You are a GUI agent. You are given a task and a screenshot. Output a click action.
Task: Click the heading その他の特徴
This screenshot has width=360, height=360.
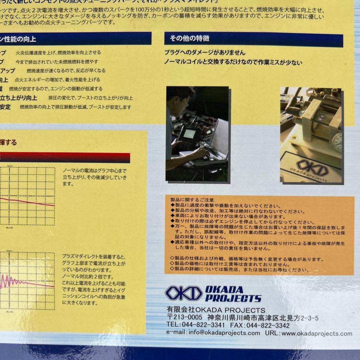[x=189, y=39]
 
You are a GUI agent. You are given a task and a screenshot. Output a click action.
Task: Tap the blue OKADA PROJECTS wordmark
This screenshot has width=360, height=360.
[x=233, y=294]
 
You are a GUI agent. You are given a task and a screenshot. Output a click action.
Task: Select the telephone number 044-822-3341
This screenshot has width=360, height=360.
[x=203, y=325]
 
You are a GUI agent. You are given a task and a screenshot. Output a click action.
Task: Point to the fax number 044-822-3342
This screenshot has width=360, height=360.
[x=268, y=325]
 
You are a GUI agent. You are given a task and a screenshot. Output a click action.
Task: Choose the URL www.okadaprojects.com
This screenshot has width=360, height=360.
[x=317, y=333]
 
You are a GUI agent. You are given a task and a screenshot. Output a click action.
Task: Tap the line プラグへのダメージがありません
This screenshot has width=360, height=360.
[x=205, y=53]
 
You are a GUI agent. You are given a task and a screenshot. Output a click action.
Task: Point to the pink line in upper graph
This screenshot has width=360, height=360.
[x=27, y=201]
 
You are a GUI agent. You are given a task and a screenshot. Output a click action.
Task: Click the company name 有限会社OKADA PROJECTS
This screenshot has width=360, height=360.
[x=216, y=310]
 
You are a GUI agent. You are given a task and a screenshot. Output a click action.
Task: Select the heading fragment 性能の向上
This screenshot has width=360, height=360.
[x=20, y=39]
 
